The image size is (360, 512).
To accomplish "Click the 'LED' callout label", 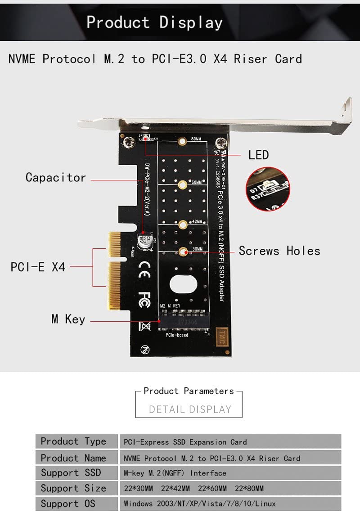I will click(x=258, y=155).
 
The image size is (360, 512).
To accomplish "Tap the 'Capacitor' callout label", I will click(x=55, y=177).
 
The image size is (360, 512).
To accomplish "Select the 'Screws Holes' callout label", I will click(x=279, y=251).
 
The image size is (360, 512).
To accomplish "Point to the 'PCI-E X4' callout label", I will click(x=38, y=267).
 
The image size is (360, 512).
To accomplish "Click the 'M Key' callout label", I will click(x=68, y=319).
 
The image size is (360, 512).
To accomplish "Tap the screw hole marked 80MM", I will click(x=182, y=142).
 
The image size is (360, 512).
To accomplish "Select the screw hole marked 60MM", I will click(x=183, y=184).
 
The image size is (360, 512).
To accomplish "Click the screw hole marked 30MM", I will click(x=183, y=252).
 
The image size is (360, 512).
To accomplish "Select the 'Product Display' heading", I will click(x=154, y=22).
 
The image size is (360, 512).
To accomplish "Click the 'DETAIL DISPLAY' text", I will click(x=190, y=409).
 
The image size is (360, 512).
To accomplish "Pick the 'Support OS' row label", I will click(x=68, y=503).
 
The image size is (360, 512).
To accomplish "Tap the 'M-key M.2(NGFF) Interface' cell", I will click(x=175, y=473).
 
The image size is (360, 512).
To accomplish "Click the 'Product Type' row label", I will click(x=73, y=441).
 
